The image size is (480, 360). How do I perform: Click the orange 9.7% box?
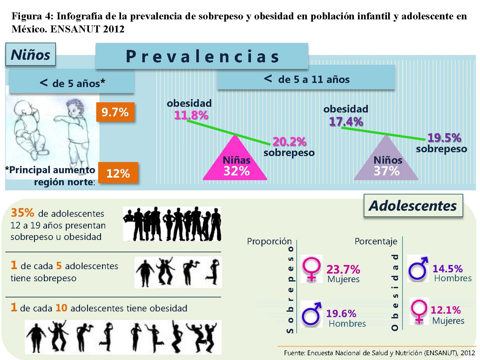pos(115,112)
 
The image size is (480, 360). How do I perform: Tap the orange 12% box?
pos(118,173)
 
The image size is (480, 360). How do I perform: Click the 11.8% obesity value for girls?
pos(191,115)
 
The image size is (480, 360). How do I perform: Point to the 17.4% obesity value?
pos(346,121)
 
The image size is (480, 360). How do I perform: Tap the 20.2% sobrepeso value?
pos(289,141)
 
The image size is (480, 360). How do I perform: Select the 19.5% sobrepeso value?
pos(444,138)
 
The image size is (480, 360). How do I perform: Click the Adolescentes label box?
pos(413,205)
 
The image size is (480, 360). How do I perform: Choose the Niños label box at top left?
pos(30,54)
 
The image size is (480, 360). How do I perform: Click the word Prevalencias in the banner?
pos(202,57)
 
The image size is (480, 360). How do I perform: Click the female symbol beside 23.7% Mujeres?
pos(312,269)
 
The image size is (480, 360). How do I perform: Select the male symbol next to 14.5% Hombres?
pos(418,268)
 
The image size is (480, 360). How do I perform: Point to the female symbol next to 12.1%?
pos(419,311)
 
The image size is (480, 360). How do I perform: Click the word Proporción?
pos(269,241)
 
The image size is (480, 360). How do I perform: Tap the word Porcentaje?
pos(376,242)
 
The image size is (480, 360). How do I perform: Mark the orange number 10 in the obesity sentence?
pos(61,308)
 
